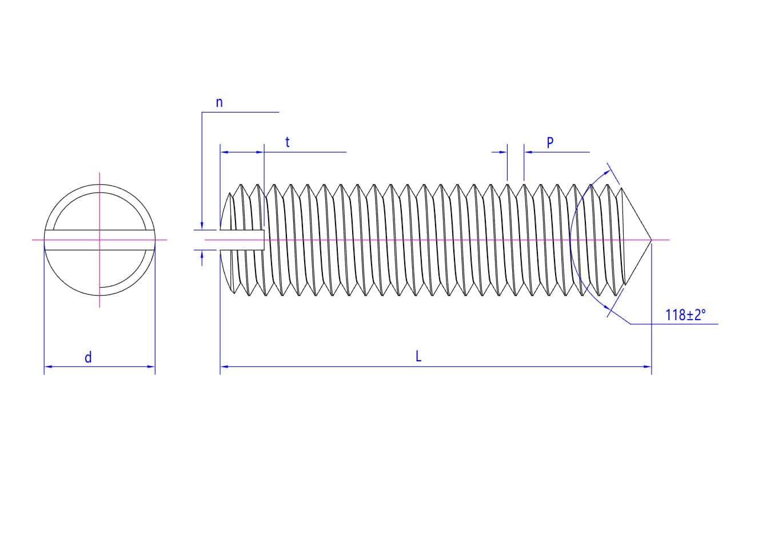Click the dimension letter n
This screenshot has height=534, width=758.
tap(220, 102)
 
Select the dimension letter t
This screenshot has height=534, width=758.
tap(288, 142)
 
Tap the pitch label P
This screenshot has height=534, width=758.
tap(550, 142)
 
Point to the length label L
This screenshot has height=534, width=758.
tap(418, 356)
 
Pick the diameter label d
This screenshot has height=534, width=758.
tap(88, 357)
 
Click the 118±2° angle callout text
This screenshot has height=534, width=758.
tap(685, 315)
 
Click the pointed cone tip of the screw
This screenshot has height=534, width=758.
tap(651, 240)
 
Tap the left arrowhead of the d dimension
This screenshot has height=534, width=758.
tap(48, 366)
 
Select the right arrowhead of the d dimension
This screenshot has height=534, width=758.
tap(151, 366)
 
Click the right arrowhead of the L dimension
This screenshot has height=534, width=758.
tap(647, 366)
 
